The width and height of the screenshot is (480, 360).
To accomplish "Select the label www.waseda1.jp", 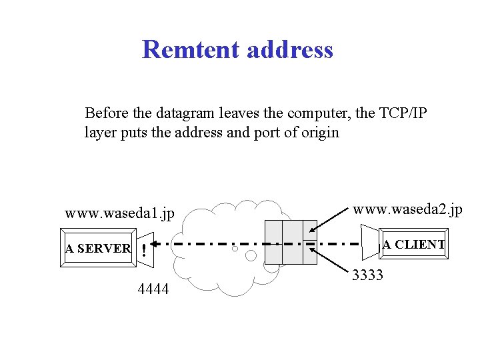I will click(x=119, y=214).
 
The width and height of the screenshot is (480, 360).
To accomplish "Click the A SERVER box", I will click(x=99, y=249).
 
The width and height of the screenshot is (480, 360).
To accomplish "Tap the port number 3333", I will click(x=367, y=275).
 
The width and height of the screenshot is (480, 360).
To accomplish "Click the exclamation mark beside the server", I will click(x=144, y=252).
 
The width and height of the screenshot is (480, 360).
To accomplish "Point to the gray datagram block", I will click(x=291, y=241).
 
